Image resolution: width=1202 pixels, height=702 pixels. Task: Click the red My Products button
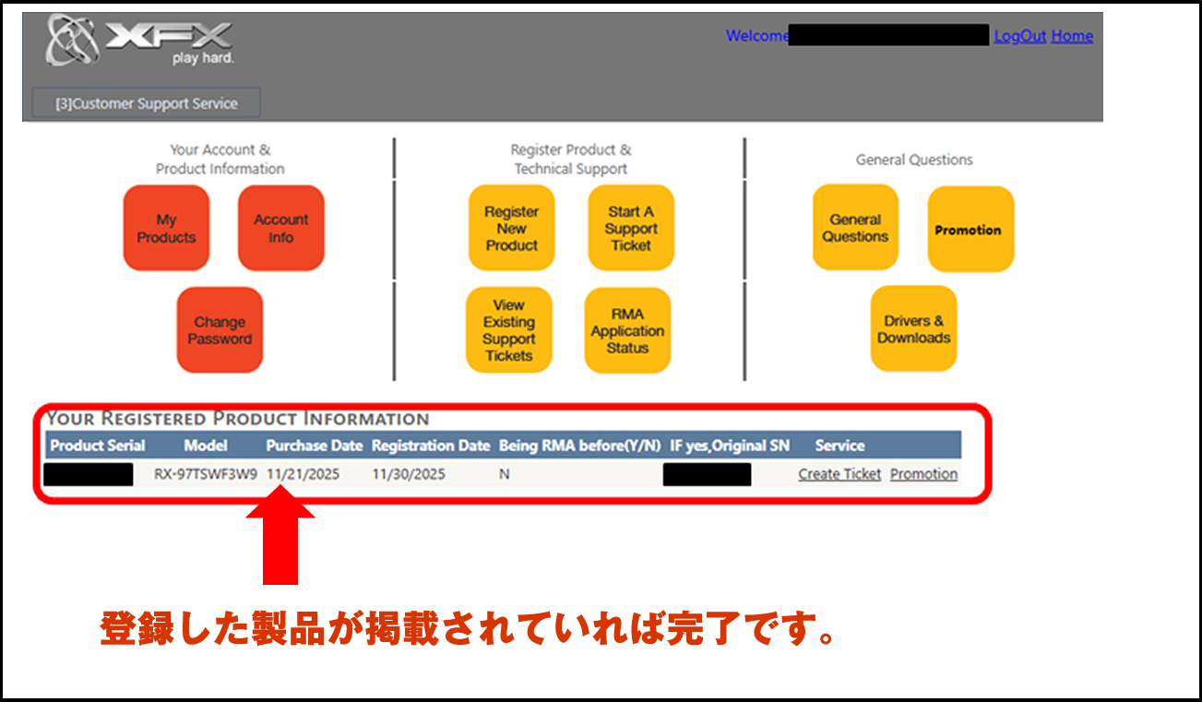(x=166, y=228)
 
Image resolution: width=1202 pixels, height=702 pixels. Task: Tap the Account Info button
(x=281, y=228)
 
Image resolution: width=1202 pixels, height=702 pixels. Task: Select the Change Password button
(x=220, y=330)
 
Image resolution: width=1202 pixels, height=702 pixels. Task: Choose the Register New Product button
(x=511, y=228)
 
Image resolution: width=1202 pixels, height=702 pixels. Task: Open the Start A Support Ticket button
(x=631, y=228)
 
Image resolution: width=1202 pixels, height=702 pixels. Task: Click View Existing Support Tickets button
(x=508, y=330)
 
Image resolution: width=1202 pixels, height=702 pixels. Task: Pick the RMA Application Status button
(x=627, y=330)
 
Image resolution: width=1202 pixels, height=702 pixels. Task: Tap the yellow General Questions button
(x=855, y=228)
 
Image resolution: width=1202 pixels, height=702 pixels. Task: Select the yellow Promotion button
(x=970, y=230)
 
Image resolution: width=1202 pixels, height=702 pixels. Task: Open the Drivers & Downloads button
(x=913, y=329)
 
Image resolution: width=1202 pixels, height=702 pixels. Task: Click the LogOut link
(x=1019, y=36)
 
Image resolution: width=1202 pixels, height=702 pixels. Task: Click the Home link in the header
(x=1072, y=36)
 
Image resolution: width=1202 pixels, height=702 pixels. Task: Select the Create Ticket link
(x=839, y=474)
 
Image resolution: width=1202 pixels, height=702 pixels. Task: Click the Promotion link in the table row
(x=923, y=474)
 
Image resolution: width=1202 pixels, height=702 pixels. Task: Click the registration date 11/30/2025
(x=409, y=474)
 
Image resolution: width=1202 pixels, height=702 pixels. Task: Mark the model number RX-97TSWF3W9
(x=206, y=474)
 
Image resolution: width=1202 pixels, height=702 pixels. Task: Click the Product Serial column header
(x=98, y=446)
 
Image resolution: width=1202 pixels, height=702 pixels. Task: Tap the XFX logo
(x=139, y=42)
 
